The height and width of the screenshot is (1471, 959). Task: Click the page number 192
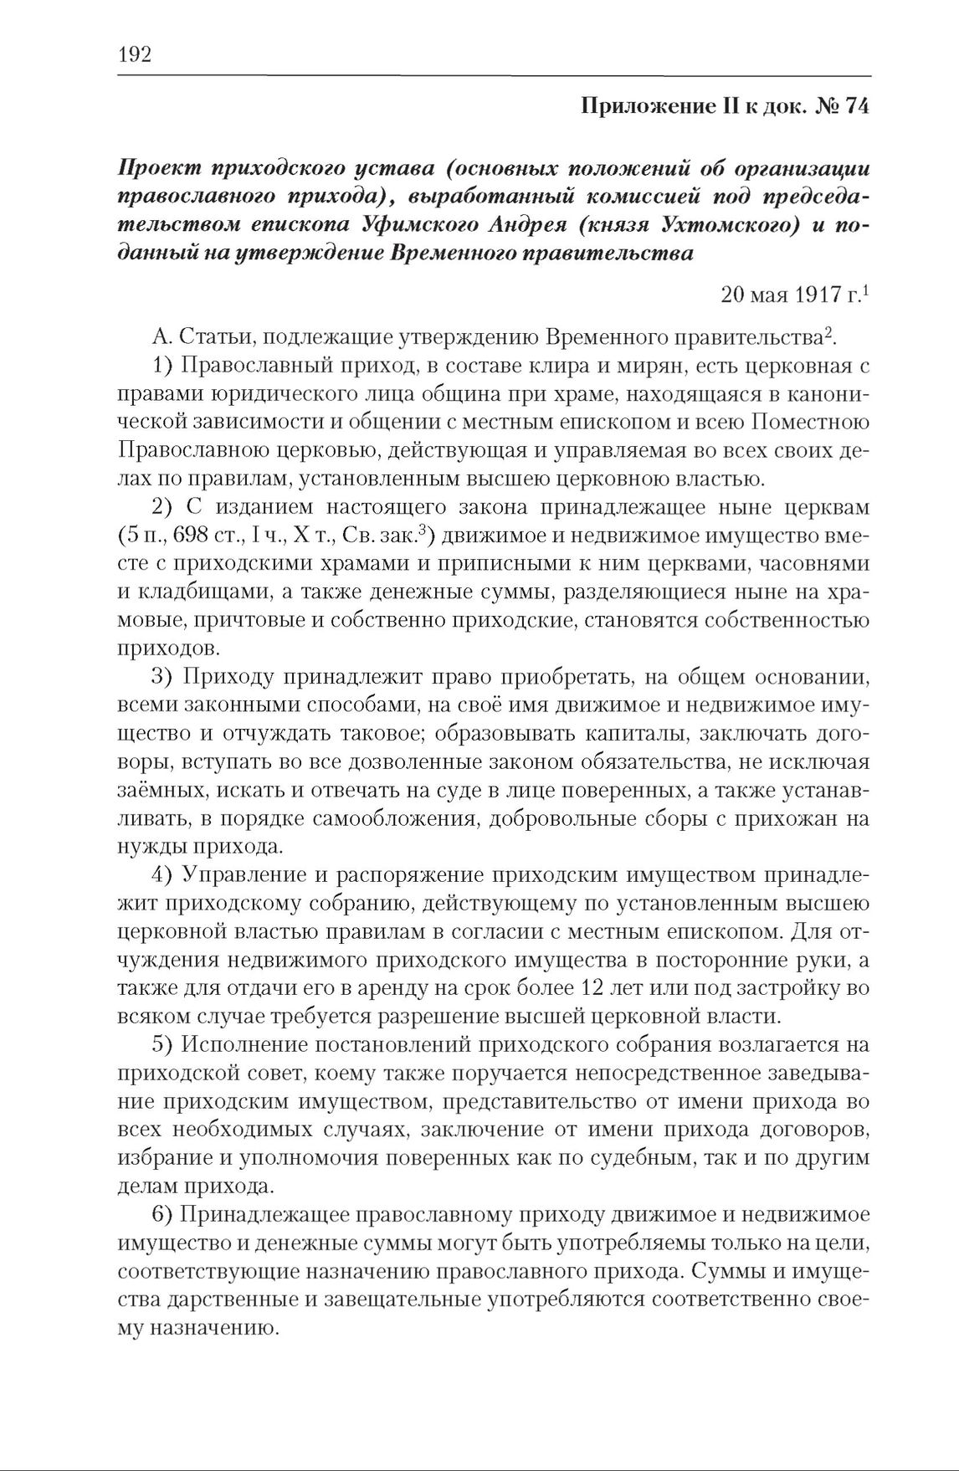click(x=134, y=55)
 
